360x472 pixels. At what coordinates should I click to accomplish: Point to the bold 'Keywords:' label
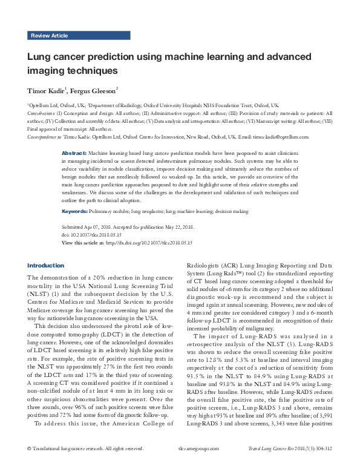[x=76, y=212]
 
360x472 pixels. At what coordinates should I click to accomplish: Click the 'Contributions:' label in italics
[x=41, y=113]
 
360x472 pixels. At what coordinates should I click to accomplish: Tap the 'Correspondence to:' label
[x=44, y=137]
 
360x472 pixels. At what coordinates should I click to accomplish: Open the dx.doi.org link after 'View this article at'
[x=149, y=243]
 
